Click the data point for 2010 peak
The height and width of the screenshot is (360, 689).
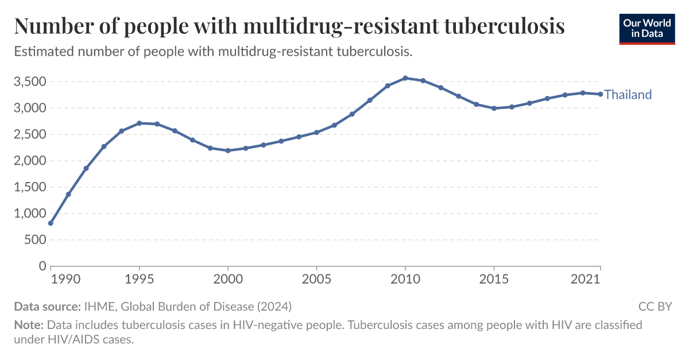point(405,78)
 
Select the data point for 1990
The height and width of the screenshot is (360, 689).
point(51,223)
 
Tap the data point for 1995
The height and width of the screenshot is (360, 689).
point(140,123)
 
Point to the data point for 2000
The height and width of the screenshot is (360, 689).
point(228,150)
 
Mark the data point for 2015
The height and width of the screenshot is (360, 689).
point(494,108)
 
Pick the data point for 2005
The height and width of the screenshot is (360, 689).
point(316,132)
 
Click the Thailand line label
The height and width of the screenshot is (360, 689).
point(628,95)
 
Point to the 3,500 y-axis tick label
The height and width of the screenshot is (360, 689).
point(29,82)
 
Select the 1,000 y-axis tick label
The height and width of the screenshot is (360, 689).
point(29,214)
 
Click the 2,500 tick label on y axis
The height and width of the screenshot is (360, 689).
point(29,134)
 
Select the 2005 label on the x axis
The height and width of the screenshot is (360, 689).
point(316,279)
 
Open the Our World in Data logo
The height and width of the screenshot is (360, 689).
point(647,28)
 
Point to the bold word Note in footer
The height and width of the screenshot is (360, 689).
point(29,325)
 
